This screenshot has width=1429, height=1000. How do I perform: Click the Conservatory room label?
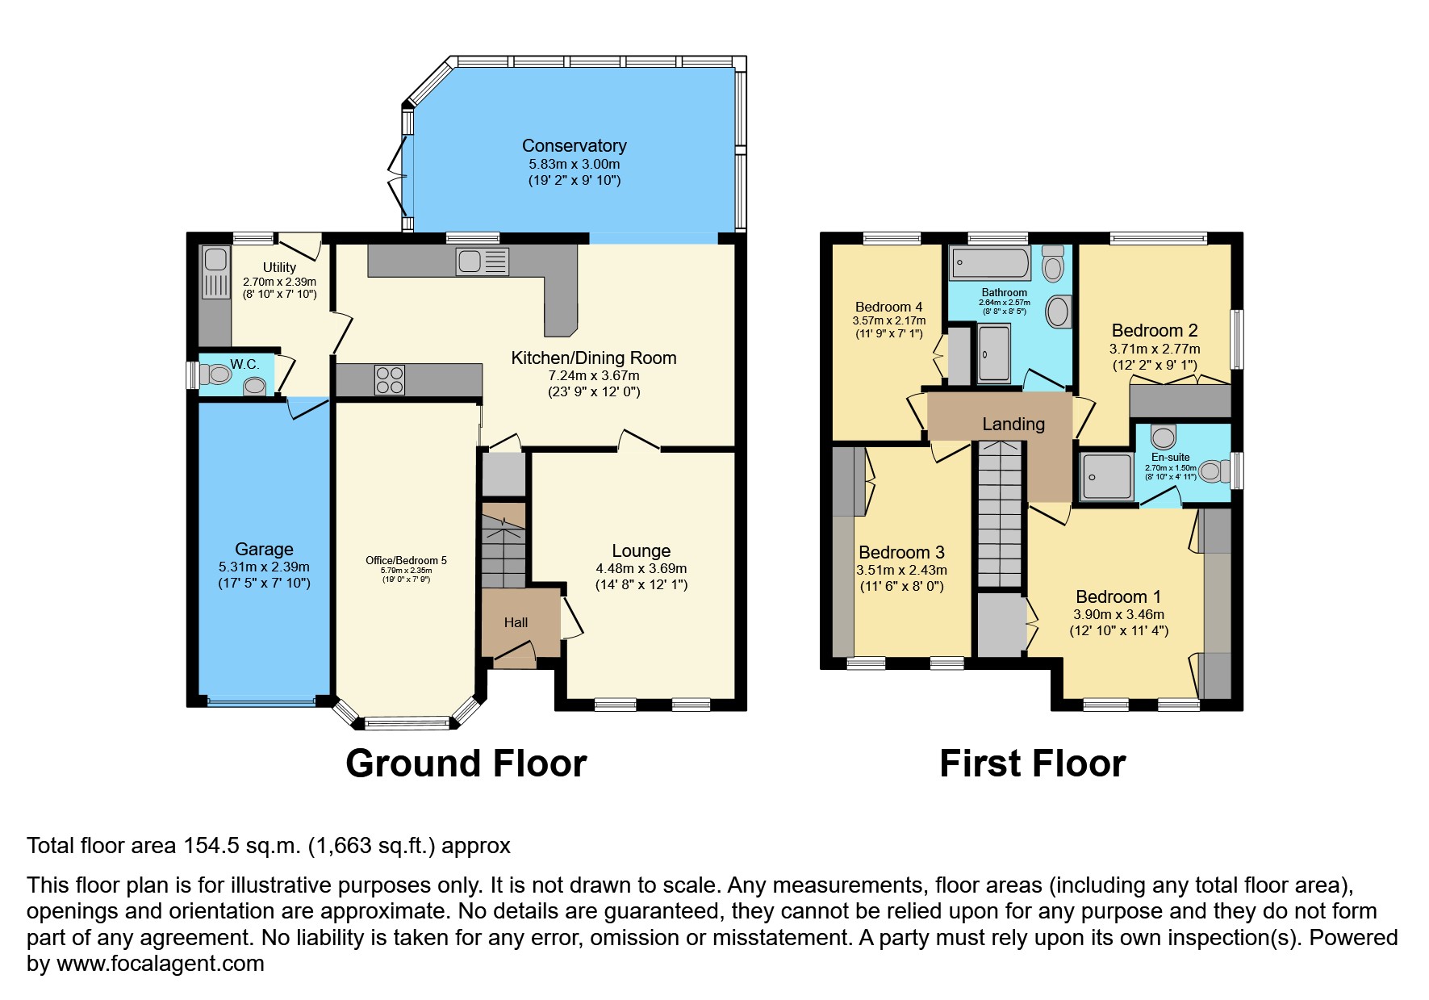click(574, 146)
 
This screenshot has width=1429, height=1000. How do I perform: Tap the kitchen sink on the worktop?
click(482, 262)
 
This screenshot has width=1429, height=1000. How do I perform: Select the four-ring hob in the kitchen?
click(389, 380)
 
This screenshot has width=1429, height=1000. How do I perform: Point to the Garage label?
click(264, 550)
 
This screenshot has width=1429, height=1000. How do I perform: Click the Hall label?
click(516, 622)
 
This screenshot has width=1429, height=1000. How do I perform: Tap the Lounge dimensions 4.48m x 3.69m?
click(641, 568)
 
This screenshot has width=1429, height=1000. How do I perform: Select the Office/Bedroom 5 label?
click(406, 560)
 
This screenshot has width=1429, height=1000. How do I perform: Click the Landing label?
click(1013, 424)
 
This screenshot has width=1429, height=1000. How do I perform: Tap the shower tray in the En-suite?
click(1107, 477)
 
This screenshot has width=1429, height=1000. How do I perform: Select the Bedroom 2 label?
click(1154, 330)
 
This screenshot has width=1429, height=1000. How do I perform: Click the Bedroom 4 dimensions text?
click(888, 321)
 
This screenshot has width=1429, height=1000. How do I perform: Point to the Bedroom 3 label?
click(901, 553)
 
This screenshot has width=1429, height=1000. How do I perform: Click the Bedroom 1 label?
click(1118, 597)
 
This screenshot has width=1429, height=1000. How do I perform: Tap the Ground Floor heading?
click(466, 764)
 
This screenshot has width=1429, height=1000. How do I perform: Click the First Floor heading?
click(1032, 764)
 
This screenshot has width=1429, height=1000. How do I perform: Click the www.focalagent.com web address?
click(160, 964)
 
